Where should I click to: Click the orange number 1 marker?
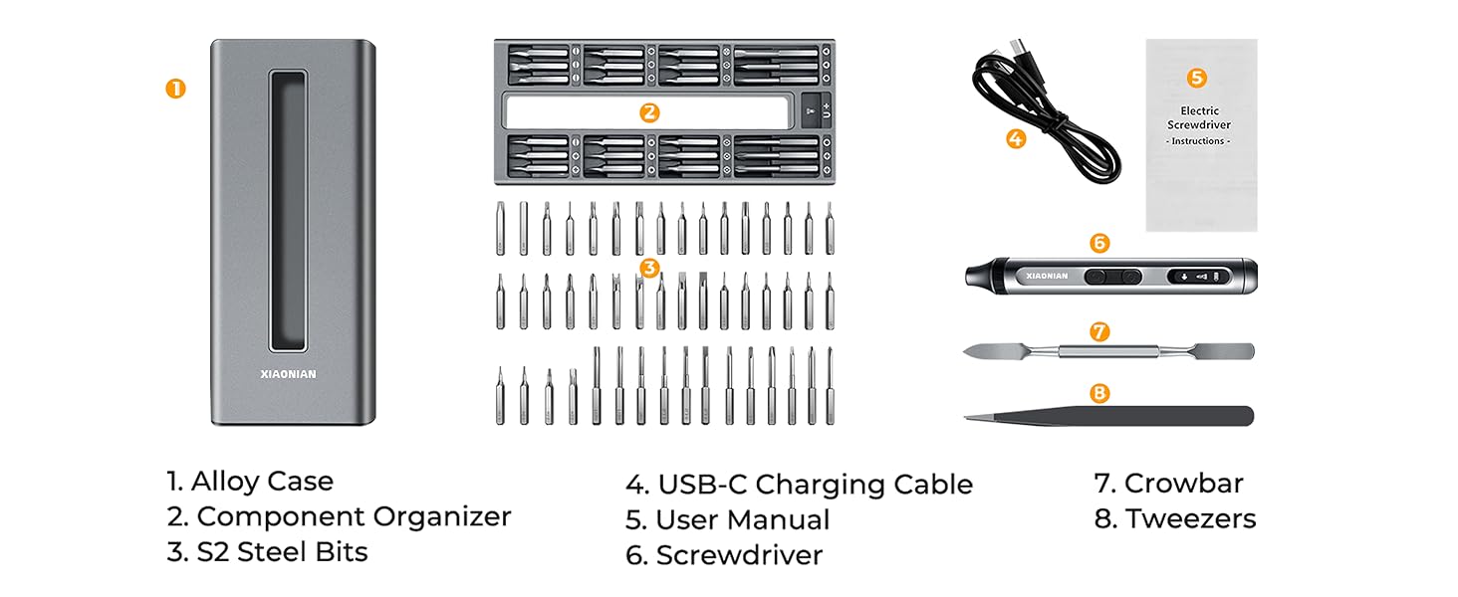point(175,89)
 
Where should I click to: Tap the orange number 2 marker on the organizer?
point(649,112)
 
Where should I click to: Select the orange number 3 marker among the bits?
point(648,268)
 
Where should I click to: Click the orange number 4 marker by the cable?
point(1015,139)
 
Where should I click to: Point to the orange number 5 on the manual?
point(1198,78)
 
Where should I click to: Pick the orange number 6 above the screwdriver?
point(1099,243)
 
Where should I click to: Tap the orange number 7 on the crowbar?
point(1099,332)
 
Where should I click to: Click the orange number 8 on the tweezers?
point(1099,393)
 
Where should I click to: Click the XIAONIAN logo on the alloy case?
point(288,375)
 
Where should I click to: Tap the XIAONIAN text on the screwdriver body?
point(1046,276)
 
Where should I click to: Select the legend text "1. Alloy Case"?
point(250,482)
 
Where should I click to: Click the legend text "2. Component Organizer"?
point(339,516)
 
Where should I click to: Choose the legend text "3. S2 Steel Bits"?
point(267,551)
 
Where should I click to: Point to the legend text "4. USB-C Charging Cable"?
point(799,485)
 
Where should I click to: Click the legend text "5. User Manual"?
point(727,519)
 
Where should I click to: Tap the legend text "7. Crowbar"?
point(1168,484)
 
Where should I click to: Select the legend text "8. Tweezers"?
point(1175,518)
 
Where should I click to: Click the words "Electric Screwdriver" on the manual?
point(1199,117)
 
